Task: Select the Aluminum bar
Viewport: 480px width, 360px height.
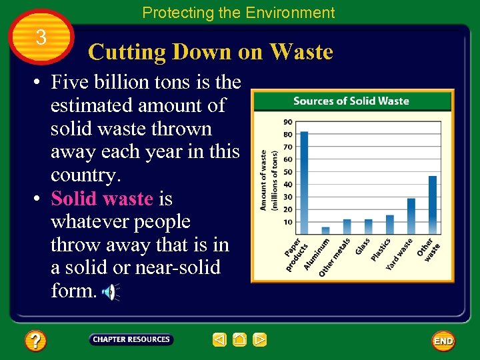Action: (x=325, y=230)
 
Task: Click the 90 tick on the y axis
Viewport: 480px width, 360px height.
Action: (x=288, y=122)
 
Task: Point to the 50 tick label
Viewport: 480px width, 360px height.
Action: (x=288, y=172)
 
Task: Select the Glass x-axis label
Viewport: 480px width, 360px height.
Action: (x=363, y=247)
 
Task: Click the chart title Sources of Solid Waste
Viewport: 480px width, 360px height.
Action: (x=351, y=101)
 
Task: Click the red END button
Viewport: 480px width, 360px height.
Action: (x=443, y=341)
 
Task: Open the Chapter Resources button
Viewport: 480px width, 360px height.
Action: (x=131, y=339)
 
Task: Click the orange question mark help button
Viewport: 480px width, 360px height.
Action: (x=35, y=341)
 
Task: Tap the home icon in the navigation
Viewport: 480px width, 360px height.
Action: (x=240, y=340)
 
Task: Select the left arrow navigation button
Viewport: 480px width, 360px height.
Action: (x=220, y=340)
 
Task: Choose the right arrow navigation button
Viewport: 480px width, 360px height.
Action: (x=260, y=340)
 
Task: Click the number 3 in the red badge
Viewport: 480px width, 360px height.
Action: (x=41, y=38)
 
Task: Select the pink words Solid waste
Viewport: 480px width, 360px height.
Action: (x=102, y=199)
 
